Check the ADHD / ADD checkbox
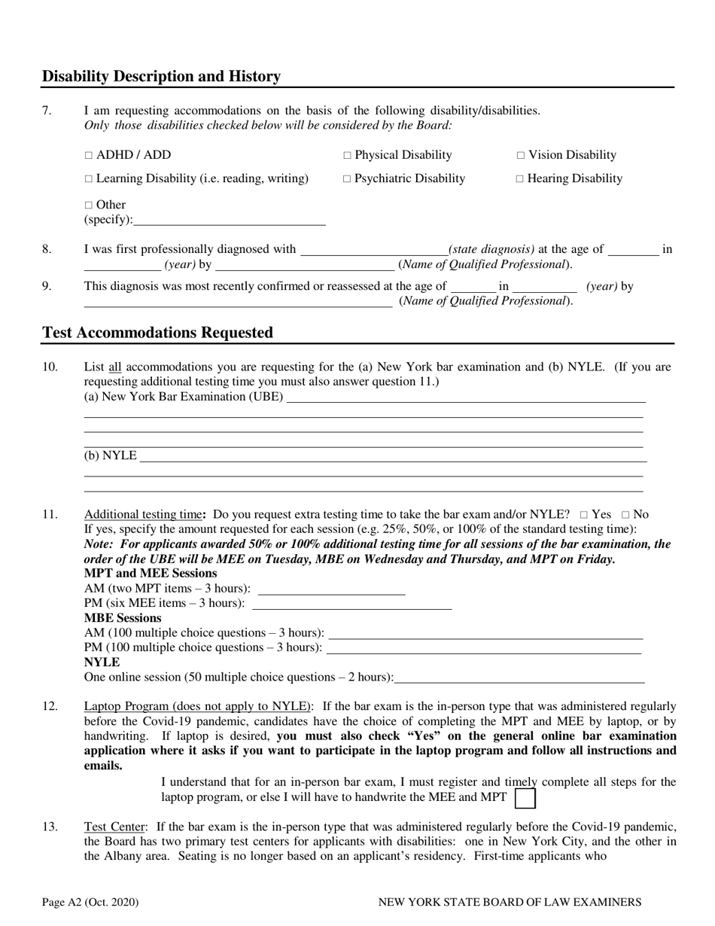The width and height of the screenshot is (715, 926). point(88,156)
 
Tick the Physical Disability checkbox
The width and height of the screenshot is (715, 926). point(347,156)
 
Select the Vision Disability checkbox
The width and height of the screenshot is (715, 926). point(521,156)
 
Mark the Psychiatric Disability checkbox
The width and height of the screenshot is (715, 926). point(347,179)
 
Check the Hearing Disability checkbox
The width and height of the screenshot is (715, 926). point(521,179)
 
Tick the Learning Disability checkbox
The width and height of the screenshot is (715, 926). point(88,179)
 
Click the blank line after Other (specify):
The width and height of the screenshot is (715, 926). point(230,221)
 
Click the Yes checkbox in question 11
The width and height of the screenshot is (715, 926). point(585,515)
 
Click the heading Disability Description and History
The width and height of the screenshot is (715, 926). point(161,77)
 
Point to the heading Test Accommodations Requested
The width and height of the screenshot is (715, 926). point(157,333)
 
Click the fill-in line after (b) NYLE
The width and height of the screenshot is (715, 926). point(391,456)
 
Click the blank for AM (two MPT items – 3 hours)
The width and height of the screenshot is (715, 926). point(331,589)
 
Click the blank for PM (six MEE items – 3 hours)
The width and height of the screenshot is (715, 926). point(352,603)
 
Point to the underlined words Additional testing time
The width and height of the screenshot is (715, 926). point(142,515)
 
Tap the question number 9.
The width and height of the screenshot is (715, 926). point(47,286)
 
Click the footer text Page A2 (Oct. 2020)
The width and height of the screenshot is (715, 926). point(90,902)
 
